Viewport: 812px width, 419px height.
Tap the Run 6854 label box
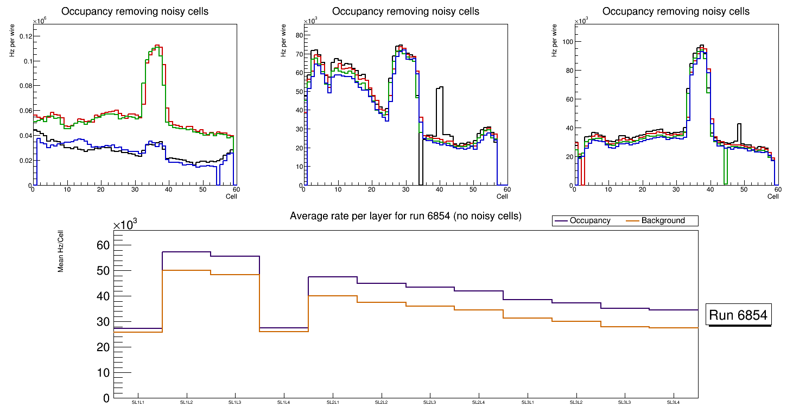click(x=739, y=315)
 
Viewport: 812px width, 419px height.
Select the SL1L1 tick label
click(x=138, y=403)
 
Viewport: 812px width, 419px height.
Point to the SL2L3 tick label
click(x=430, y=403)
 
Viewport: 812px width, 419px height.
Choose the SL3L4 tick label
click(x=674, y=403)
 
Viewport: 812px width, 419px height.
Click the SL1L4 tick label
click(x=284, y=403)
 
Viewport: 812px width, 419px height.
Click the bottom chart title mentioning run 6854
click(x=405, y=216)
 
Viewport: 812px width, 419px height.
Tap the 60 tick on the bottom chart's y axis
click(x=103, y=245)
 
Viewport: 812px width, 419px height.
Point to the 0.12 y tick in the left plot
click(x=25, y=36)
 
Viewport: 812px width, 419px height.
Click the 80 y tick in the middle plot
click(x=298, y=35)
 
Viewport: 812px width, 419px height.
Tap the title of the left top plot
click(x=135, y=11)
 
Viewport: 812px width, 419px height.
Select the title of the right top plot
click(x=676, y=11)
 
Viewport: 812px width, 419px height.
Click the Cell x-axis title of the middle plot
click(x=502, y=196)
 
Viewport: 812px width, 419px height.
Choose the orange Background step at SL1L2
click(x=187, y=270)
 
